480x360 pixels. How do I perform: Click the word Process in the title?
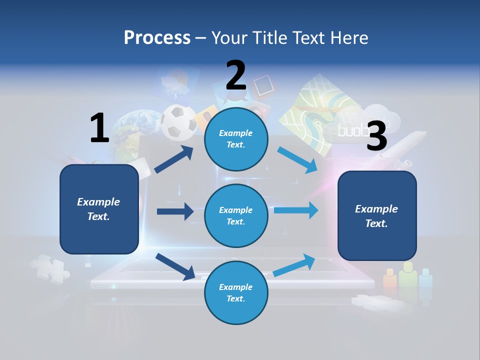click(x=157, y=37)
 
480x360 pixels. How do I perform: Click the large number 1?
click(x=99, y=128)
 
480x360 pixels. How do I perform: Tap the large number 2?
click(x=236, y=75)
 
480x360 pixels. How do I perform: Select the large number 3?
click(x=376, y=135)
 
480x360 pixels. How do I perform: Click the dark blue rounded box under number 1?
click(x=99, y=209)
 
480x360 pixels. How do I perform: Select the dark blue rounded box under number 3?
click(x=377, y=216)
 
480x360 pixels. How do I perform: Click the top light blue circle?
click(x=236, y=138)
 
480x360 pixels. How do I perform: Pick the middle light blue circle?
click(x=236, y=215)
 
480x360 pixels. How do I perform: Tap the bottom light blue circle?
click(x=236, y=292)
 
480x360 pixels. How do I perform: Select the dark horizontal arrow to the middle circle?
click(x=175, y=211)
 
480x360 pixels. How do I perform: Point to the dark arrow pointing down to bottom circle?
click(x=175, y=266)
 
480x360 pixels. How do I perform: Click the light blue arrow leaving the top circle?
click(x=297, y=159)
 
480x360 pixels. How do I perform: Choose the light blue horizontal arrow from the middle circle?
click(x=295, y=210)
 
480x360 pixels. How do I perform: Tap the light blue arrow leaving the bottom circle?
click(x=294, y=265)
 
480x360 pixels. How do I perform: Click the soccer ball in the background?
click(x=178, y=122)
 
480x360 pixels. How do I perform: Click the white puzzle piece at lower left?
click(x=50, y=268)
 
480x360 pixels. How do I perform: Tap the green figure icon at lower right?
click(x=408, y=275)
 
